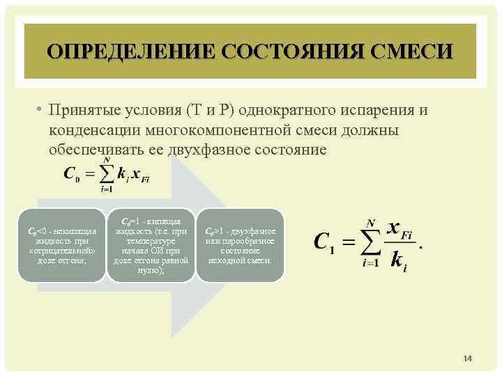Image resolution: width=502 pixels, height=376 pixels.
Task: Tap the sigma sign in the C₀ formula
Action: click(107, 173)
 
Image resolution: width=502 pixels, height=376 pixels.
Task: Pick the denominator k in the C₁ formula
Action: click(397, 260)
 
